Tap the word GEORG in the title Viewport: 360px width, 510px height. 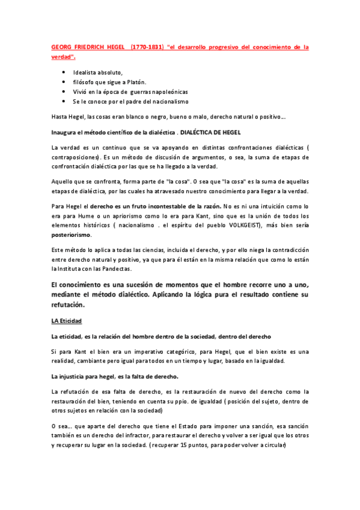click(63, 46)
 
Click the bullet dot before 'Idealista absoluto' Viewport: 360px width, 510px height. click(64, 73)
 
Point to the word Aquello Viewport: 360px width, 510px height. click(64, 182)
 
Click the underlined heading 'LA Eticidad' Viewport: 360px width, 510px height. click(66, 322)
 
